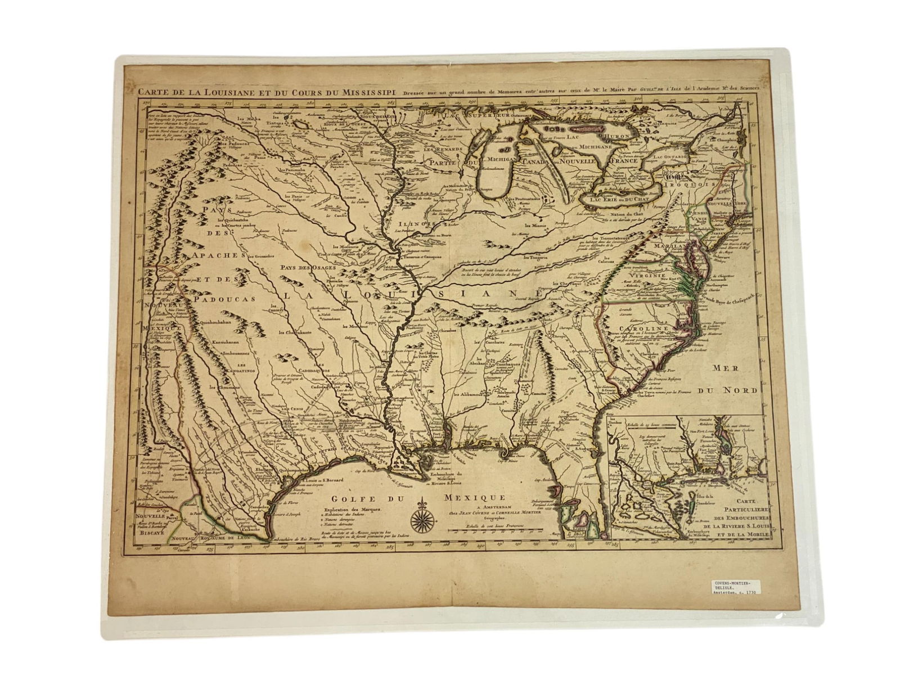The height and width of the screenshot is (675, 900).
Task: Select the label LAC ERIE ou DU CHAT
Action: pos(615,199)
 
